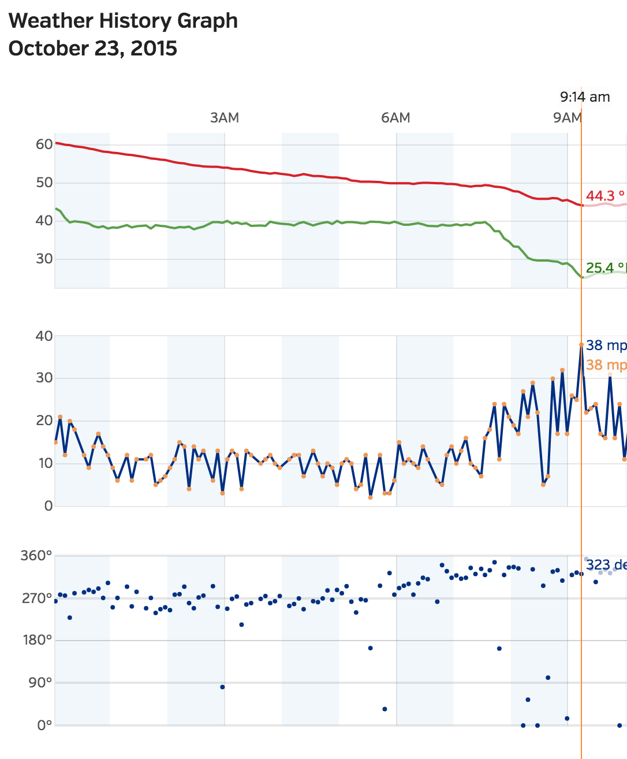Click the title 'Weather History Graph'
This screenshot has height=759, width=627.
[123, 21]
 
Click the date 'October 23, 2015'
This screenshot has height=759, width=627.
[93, 49]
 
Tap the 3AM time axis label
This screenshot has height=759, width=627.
[224, 118]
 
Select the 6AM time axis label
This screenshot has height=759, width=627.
[395, 118]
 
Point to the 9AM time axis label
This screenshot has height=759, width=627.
[567, 118]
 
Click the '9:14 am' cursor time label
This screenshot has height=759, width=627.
[585, 97]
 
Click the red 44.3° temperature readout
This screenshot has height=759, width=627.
[605, 196]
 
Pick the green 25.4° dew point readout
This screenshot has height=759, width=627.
[605, 267]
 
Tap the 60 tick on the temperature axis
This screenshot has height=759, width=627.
[44, 144]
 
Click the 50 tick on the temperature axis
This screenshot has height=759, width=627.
[44, 183]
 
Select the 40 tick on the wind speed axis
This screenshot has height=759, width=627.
[44, 336]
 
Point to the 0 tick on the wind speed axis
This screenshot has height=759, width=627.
[48, 506]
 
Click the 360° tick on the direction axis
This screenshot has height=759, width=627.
[36, 556]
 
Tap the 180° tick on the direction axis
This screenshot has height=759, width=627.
[36, 640]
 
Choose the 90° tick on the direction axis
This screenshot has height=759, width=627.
[40, 683]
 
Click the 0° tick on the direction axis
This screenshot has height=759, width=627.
[44, 725]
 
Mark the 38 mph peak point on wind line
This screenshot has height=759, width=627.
[581, 344]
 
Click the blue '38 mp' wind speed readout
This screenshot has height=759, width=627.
[606, 345]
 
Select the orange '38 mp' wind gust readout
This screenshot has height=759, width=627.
[606, 365]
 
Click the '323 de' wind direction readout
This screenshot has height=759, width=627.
[606, 565]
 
